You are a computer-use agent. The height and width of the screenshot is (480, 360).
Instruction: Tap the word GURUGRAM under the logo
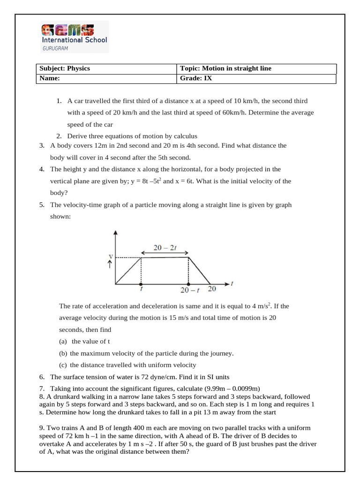[55, 48]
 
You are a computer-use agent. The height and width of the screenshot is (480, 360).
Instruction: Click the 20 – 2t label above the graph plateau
[165, 247]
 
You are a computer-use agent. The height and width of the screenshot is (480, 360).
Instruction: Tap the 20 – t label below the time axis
[189, 291]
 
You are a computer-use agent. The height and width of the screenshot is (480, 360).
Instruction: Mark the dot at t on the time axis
[141, 284]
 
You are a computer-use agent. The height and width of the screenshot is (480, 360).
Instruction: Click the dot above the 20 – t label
[188, 284]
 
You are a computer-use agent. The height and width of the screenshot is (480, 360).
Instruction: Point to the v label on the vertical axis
[110, 256]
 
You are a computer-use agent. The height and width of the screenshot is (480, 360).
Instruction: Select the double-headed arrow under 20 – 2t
[165, 253]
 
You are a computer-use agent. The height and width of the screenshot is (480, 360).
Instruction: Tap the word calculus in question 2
[184, 136]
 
